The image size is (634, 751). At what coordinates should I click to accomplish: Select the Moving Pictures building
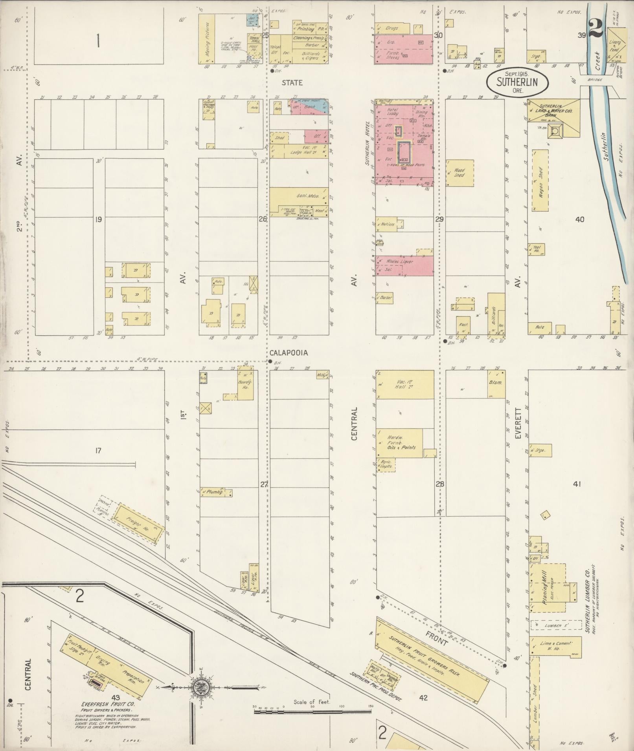[208, 39]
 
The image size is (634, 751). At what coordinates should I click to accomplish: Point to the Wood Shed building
[459, 173]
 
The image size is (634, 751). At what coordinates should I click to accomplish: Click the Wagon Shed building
[540, 180]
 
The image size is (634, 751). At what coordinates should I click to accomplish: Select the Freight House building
[138, 524]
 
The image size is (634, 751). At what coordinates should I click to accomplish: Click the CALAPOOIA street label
[289, 353]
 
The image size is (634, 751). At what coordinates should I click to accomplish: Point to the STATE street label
[292, 83]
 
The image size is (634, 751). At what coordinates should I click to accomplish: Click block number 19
[98, 219]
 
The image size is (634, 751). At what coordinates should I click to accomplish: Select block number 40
[580, 219]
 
